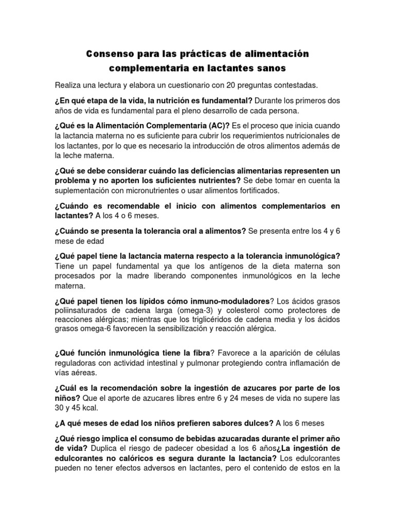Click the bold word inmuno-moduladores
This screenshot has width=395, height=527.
[x=230, y=301]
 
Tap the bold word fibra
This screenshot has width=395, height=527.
[x=198, y=354]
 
